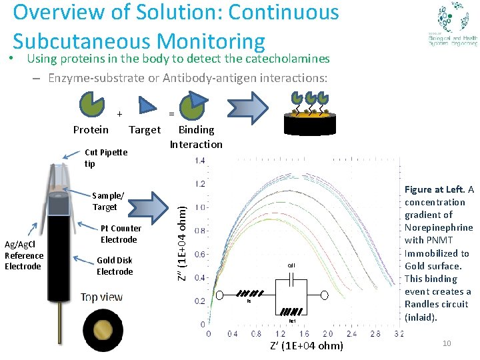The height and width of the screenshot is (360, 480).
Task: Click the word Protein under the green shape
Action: coord(91,129)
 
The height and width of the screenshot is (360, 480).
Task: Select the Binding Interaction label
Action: coord(196,137)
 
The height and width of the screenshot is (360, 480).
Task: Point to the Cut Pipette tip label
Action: coord(105,157)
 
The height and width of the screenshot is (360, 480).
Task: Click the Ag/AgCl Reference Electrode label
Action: coord(24,255)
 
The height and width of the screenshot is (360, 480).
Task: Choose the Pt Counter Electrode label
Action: coord(120,234)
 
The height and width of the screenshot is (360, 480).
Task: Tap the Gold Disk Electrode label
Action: coord(115,265)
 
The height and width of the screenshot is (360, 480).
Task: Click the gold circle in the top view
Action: coord(105,330)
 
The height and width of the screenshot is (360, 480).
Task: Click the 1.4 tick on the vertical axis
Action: coord(200,160)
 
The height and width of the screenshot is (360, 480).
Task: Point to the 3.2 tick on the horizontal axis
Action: coord(399,334)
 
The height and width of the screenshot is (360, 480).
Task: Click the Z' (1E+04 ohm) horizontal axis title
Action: coord(307,345)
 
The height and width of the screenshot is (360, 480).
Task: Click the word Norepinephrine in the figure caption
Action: coord(439,227)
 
